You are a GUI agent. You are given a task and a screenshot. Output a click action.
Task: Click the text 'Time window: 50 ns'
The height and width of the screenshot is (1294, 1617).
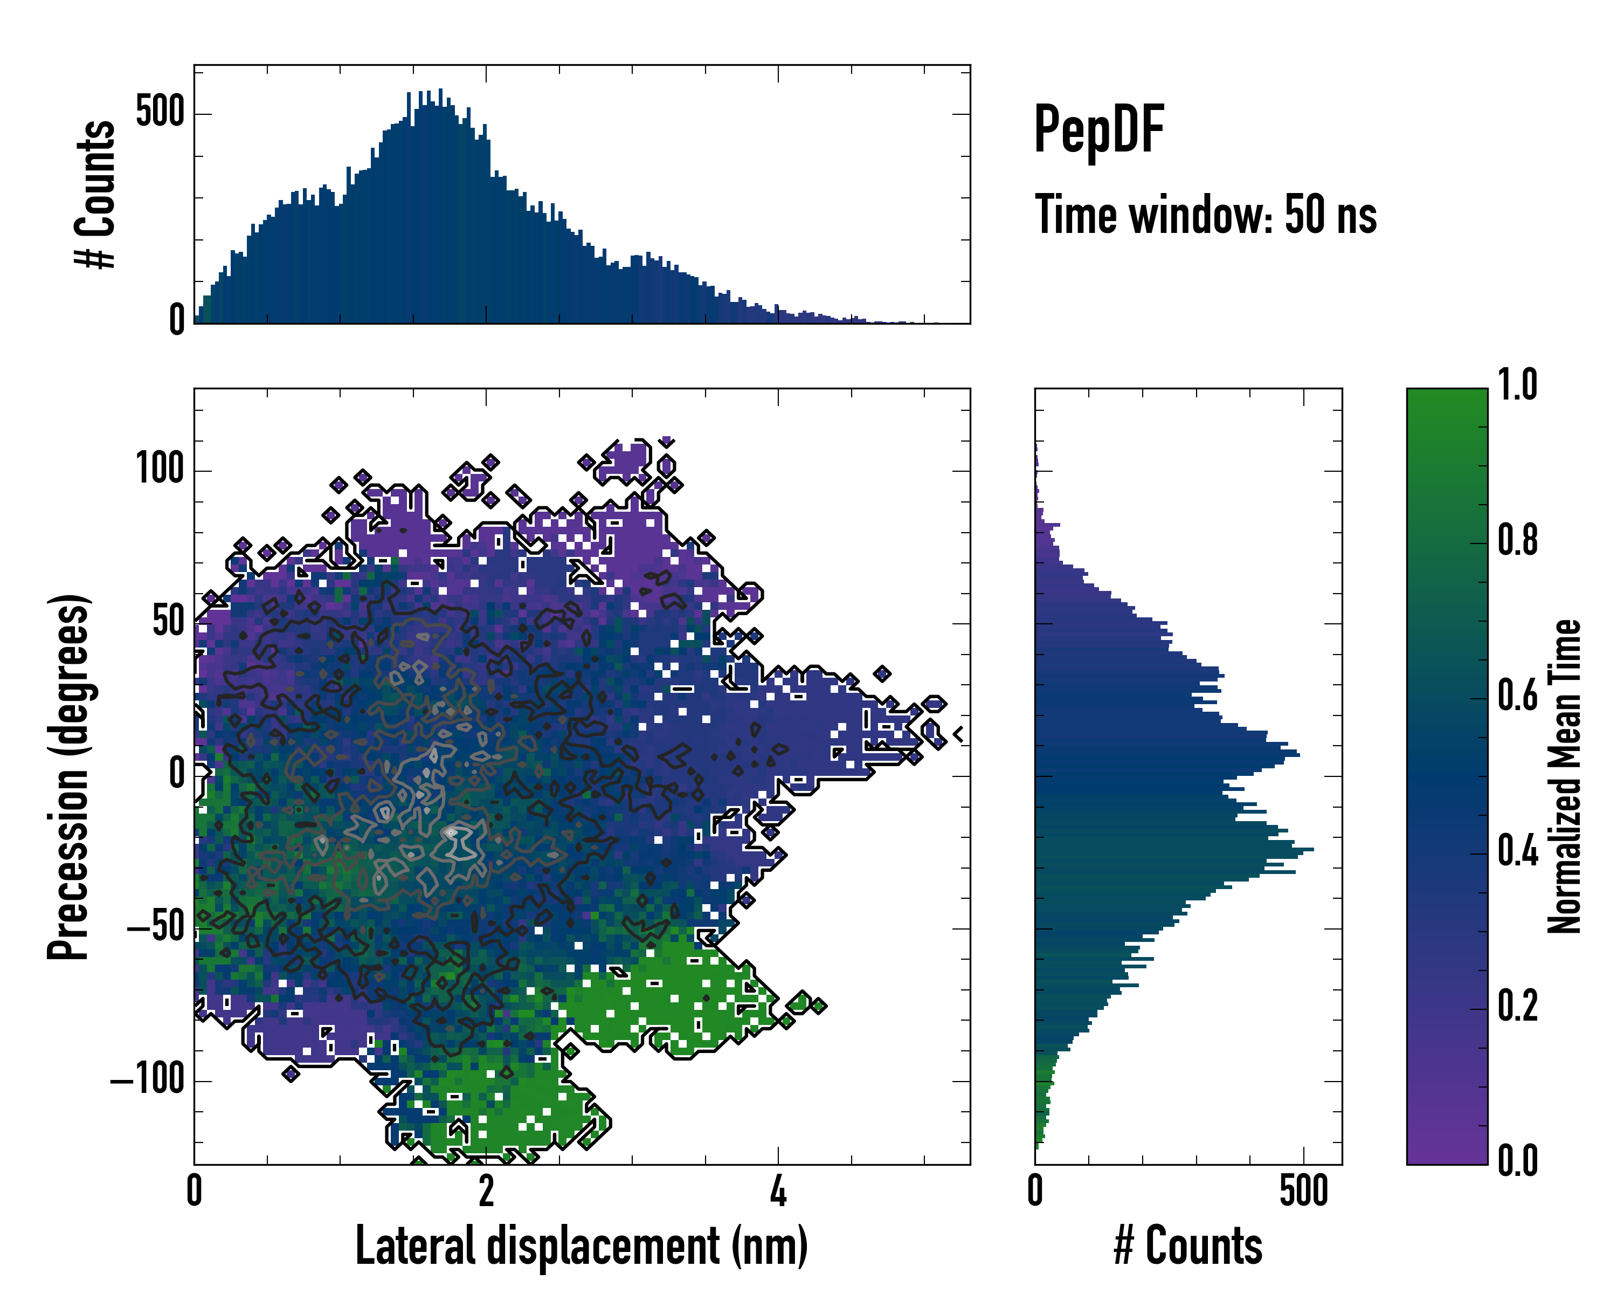point(1205,215)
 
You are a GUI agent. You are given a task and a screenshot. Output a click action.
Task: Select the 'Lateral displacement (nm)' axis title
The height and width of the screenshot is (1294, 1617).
point(581,1246)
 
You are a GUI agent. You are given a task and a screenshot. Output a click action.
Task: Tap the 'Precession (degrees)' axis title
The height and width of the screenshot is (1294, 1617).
point(69,776)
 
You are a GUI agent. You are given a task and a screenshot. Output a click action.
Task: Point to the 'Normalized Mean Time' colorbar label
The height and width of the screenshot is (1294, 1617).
point(1565,776)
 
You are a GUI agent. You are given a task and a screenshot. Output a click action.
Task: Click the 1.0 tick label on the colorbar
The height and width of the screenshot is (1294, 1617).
point(1517,385)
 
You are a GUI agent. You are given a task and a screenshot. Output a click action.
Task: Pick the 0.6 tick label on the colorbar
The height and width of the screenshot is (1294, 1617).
point(1517,696)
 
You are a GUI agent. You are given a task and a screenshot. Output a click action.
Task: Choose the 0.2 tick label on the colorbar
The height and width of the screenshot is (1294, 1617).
point(1517,1006)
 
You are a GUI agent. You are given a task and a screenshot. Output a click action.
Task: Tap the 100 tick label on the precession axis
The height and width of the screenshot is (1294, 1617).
point(160,470)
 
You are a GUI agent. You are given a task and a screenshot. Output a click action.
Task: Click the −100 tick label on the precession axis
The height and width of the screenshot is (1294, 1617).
point(147,1081)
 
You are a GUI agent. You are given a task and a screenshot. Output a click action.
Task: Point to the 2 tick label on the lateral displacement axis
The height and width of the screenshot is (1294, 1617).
point(486,1191)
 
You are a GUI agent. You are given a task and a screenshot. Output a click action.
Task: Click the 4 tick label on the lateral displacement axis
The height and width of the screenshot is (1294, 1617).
point(778,1191)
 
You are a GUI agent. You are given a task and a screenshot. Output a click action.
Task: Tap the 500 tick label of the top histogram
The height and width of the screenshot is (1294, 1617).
point(160,113)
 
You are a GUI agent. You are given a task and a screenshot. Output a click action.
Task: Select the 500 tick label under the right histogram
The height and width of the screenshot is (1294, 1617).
point(1303,1191)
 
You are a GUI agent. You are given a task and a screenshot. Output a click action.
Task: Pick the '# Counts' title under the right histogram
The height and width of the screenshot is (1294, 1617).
point(1188,1246)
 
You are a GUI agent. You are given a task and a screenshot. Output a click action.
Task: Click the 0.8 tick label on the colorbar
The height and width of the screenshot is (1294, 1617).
point(1517,540)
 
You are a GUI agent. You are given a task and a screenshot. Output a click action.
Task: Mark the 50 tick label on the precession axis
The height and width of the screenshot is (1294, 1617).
point(168,623)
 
